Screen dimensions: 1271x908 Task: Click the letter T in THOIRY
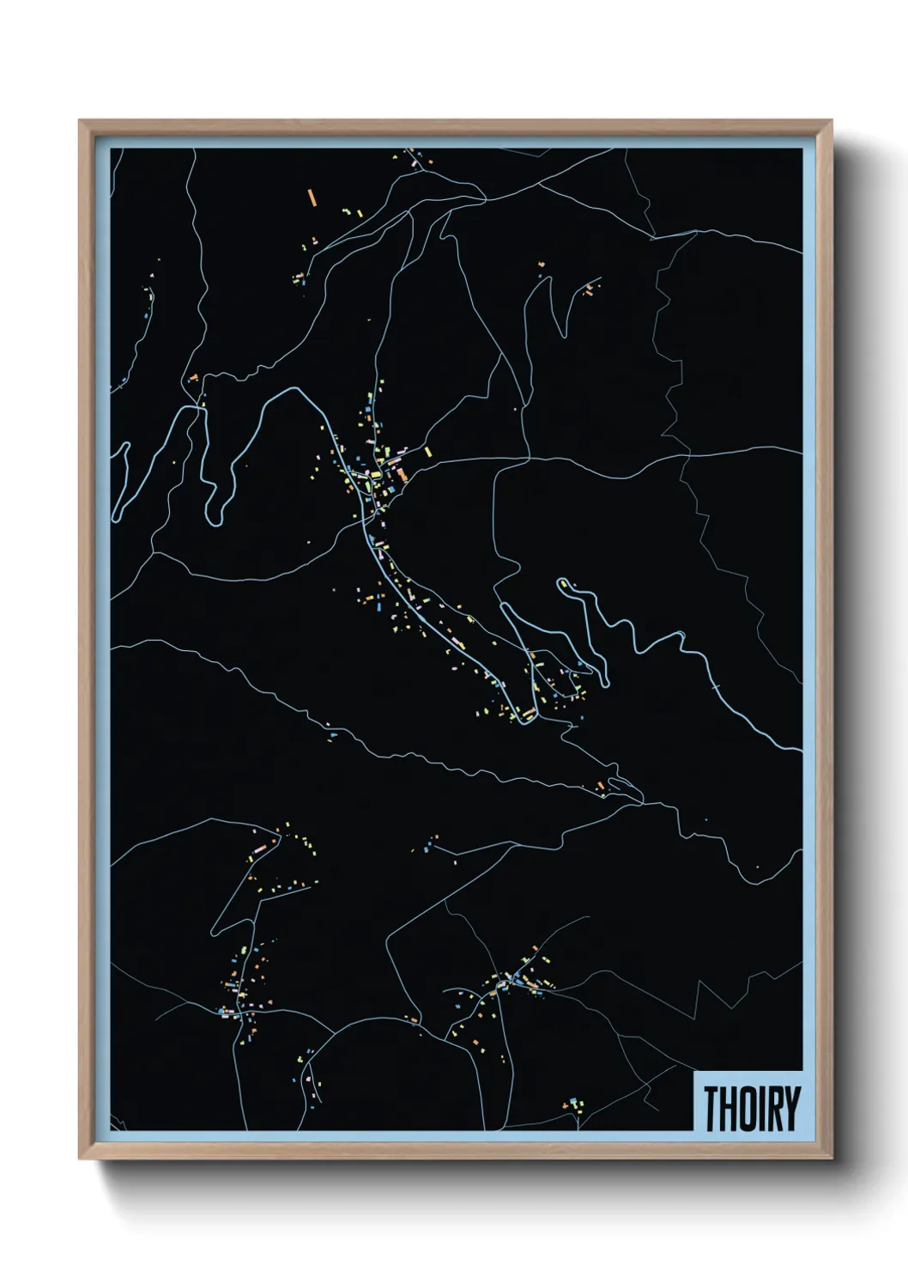tap(711, 1109)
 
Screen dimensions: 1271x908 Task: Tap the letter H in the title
tap(729, 1109)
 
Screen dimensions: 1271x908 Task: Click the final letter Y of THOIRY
tap(791, 1109)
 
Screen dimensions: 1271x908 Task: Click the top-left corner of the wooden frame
tap(81, 121)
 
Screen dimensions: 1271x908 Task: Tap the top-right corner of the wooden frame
tap(831, 121)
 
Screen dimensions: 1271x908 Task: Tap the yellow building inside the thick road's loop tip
tap(563, 586)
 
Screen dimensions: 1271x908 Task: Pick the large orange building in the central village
tap(400, 473)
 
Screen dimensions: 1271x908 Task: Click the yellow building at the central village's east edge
tap(427, 451)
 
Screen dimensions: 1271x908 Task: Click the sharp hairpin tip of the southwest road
tap(212, 933)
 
